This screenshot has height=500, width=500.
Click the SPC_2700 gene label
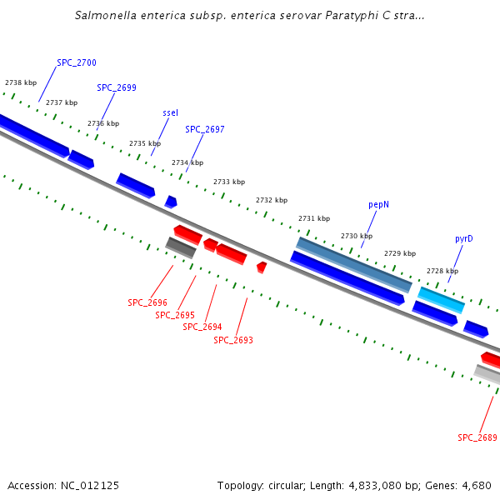[77, 63]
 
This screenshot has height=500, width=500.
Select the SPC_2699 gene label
[117, 87]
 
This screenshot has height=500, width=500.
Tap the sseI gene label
[170, 112]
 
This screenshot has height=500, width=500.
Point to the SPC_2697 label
[205, 130]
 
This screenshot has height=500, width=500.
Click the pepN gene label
[379, 204]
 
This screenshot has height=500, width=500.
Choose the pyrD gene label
[464, 238]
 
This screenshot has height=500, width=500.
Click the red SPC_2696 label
[147, 303]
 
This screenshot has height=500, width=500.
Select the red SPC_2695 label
[175, 315]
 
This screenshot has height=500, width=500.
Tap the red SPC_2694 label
[202, 327]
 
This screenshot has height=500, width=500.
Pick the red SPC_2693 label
[233, 340]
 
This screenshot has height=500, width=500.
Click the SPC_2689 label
[477, 437]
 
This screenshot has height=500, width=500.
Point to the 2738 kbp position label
[21, 83]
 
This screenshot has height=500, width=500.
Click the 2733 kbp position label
[229, 182]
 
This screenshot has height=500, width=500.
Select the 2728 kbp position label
[442, 271]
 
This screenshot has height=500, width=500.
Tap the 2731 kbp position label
[314, 218]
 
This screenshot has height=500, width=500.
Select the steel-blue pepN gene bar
[354, 263]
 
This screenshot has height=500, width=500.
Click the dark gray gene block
[181, 247]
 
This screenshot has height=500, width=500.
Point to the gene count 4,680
[477, 485]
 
